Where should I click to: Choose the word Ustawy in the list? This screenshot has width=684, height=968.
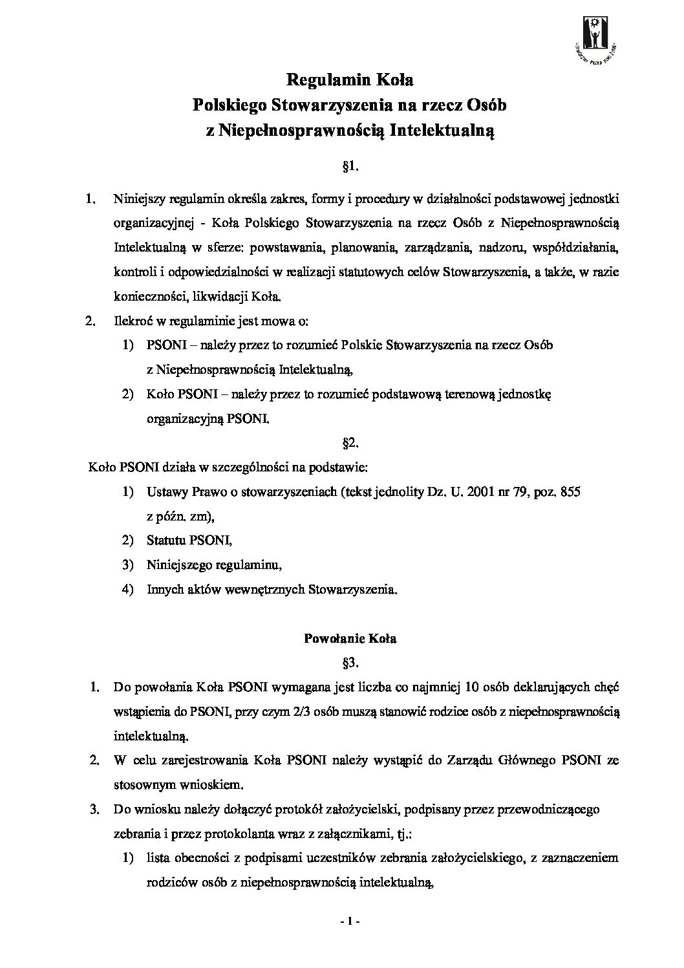click(x=167, y=491)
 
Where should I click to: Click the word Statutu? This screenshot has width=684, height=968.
click(x=166, y=540)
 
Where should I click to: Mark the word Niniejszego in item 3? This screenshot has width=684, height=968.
click(x=178, y=565)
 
